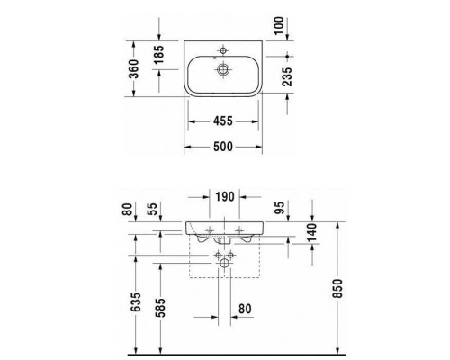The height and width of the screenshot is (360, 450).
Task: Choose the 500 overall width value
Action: click(x=225, y=149)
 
